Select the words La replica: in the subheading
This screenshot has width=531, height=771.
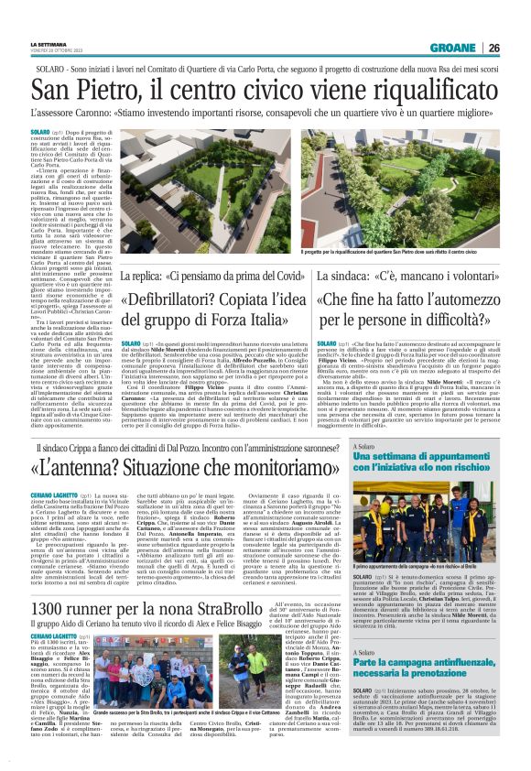point(146,276)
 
